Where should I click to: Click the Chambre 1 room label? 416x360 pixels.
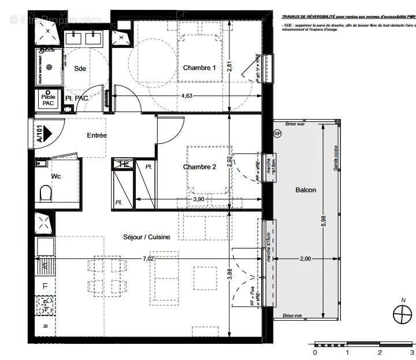click(x=199, y=68)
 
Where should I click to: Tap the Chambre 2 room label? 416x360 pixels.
click(x=199, y=167)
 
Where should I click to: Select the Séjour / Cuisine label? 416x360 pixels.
click(x=146, y=237)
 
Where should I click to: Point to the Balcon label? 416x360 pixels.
click(x=306, y=190)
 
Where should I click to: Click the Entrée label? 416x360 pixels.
click(x=96, y=135)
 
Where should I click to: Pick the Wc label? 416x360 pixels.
click(x=56, y=175)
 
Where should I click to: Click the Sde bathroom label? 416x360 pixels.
click(x=80, y=68)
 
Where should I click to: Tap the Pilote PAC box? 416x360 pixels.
click(x=48, y=100)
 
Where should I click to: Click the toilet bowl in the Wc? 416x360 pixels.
click(x=44, y=192)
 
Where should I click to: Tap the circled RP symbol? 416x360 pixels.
click(x=277, y=133)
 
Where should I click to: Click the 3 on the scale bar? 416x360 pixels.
click(x=411, y=352)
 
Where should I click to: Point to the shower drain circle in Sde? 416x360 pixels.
click(x=49, y=66)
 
